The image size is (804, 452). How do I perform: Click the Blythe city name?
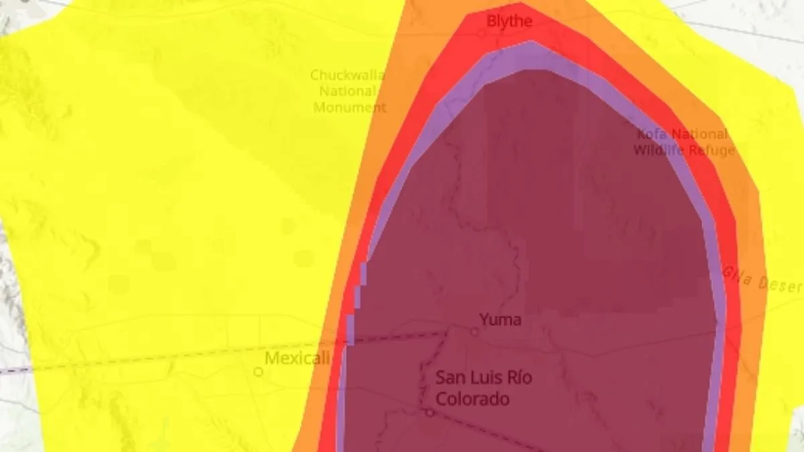(509, 21)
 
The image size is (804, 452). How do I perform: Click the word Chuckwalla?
(348, 75)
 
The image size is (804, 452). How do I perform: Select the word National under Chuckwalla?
(348, 91)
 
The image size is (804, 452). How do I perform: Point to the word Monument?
(350, 107)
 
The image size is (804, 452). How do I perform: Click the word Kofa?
(652, 134)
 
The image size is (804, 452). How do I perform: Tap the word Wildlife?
(659, 150)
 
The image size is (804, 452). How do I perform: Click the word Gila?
(737, 276)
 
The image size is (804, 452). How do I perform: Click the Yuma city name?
(500, 319)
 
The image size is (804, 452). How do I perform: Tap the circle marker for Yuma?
(474, 331)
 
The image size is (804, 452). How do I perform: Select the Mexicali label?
(297, 358)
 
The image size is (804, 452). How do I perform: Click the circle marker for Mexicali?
(258, 372)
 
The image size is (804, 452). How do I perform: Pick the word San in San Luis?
(450, 378)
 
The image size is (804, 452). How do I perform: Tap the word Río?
(518, 378)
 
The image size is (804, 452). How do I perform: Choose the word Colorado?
(472, 399)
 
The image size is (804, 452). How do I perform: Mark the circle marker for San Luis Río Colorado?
(429, 412)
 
